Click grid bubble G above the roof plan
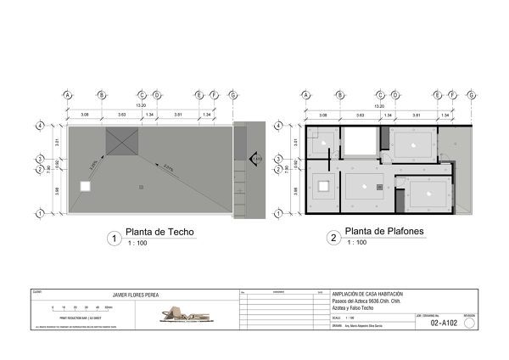233,95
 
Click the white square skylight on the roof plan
85,186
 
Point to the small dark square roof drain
142,185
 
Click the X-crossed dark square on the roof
121,142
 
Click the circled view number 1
114,239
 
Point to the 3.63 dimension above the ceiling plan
361,114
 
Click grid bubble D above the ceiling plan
395,95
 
